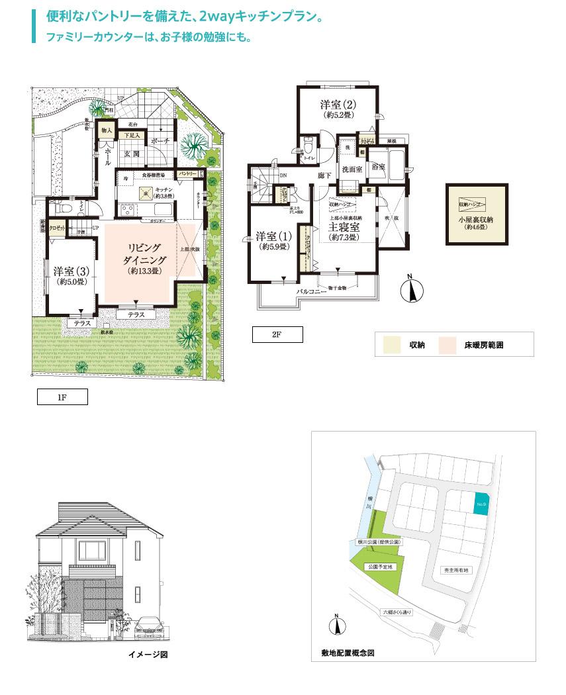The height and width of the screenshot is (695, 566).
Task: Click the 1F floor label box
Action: (62, 397)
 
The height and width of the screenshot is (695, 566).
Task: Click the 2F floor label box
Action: (277, 335)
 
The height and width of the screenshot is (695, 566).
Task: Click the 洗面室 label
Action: (352, 169)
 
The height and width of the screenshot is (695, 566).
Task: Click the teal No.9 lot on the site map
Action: (481, 504)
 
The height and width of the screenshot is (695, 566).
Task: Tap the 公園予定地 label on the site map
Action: (381, 567)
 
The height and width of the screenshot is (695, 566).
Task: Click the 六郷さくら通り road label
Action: (397, 612)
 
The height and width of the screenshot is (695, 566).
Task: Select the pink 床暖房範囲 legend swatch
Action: (450, 345)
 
